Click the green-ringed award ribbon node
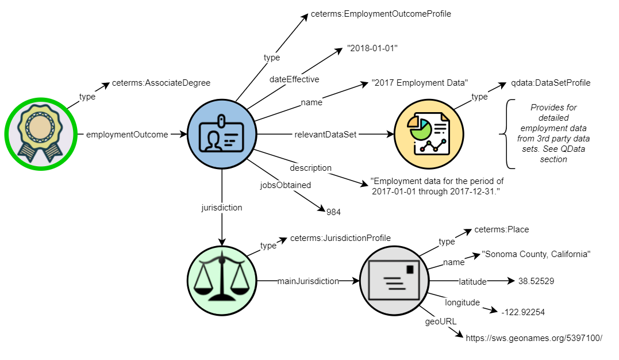(40, 134)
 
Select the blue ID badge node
(222, 135)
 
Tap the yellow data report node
(429, 135)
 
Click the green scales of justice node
(222, 281)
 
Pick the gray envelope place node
(394, 281)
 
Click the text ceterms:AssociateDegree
(161, 83)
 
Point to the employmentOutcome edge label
(127, 135)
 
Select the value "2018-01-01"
(372, 49)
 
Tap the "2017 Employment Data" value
(420, 83)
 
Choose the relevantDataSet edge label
(326, 135)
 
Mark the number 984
(333, 212)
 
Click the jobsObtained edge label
(286, 185)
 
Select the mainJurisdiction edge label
(308, 281)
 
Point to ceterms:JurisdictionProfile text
(340, 238)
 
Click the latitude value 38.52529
(536, 281)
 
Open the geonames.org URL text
(534, 338)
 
